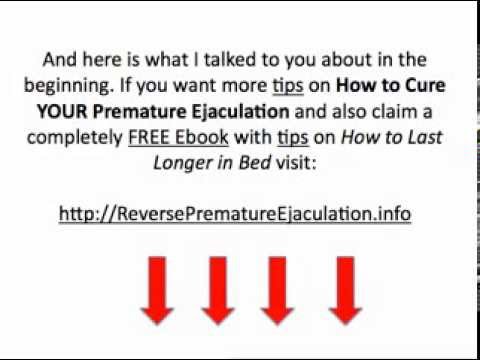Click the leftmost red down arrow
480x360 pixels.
pyautogui.click(x=156, y=288)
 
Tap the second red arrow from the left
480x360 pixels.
pyautogui.click(x=217, y=288)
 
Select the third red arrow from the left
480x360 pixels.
pyautogui.click(x=280, y=288)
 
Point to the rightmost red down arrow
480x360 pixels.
pyautogui.click(x=343, y=288)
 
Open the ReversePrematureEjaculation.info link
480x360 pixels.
pyautogui.click(x=235, y=214)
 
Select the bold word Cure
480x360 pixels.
pyautogui.click(x=424, y=85)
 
